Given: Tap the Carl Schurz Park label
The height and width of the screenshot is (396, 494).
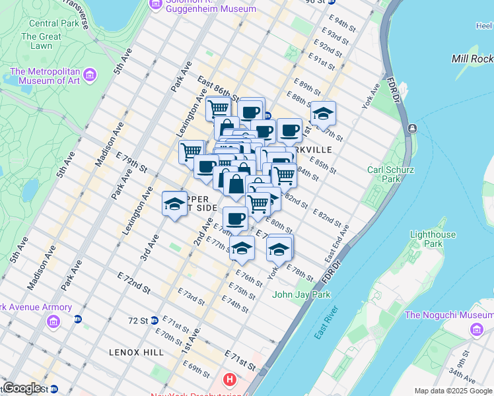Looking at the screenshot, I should point(390,174).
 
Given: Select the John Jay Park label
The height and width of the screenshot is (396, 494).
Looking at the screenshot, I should point(301,294).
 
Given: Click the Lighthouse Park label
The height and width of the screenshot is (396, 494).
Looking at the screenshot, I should point(433,239).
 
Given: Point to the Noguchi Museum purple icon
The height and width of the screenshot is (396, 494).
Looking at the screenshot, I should point(476,329).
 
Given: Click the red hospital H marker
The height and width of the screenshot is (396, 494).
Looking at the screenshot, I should point(229,379).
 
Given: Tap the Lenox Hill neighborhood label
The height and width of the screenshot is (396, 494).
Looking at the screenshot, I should point(137,352).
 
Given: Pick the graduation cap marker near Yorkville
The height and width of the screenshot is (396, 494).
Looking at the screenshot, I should point(323,114).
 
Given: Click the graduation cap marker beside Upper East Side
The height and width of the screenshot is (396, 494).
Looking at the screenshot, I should point(174,204).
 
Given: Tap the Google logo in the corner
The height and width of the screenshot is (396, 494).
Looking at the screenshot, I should point(22,388).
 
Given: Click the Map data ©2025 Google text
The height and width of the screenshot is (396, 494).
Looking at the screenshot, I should point(453,391).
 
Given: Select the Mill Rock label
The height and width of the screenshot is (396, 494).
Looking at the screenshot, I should point(472,59).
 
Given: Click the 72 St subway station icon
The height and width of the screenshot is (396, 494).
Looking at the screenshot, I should point(153,320).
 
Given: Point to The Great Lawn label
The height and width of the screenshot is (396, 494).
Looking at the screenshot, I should point(41,41).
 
